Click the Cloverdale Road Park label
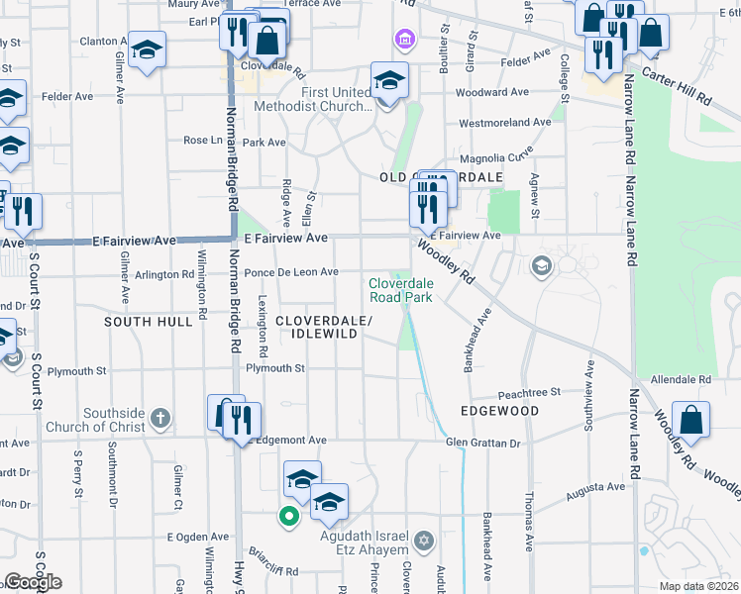pyautogui.click(x=401, y=289)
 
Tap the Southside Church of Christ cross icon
pyautogui.click(x=162, y=418)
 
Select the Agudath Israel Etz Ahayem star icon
pyautogui.click(x=424, y=541)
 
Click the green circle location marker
pyautogui.click(x=288, y=516)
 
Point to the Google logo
pyautogui.click(x=33, y=582)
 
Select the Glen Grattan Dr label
pyautogui.click(x=482, y=443)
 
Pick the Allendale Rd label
pyautogui.click(x=683, y=379)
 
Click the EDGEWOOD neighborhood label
pyautogui.click(x=499, y=411)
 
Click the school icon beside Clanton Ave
pyautogui.click(x=147, y=50)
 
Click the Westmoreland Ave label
pyautogui.click(x=504, y=123)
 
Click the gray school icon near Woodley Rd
pyautogui.click(x=541, y=264)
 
